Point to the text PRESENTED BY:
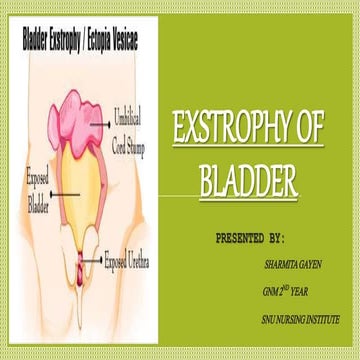tap(250, 241)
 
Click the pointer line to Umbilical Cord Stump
tap(104, 123)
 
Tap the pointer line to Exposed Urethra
tap(97, 262)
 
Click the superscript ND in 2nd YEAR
tap(287, 288)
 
